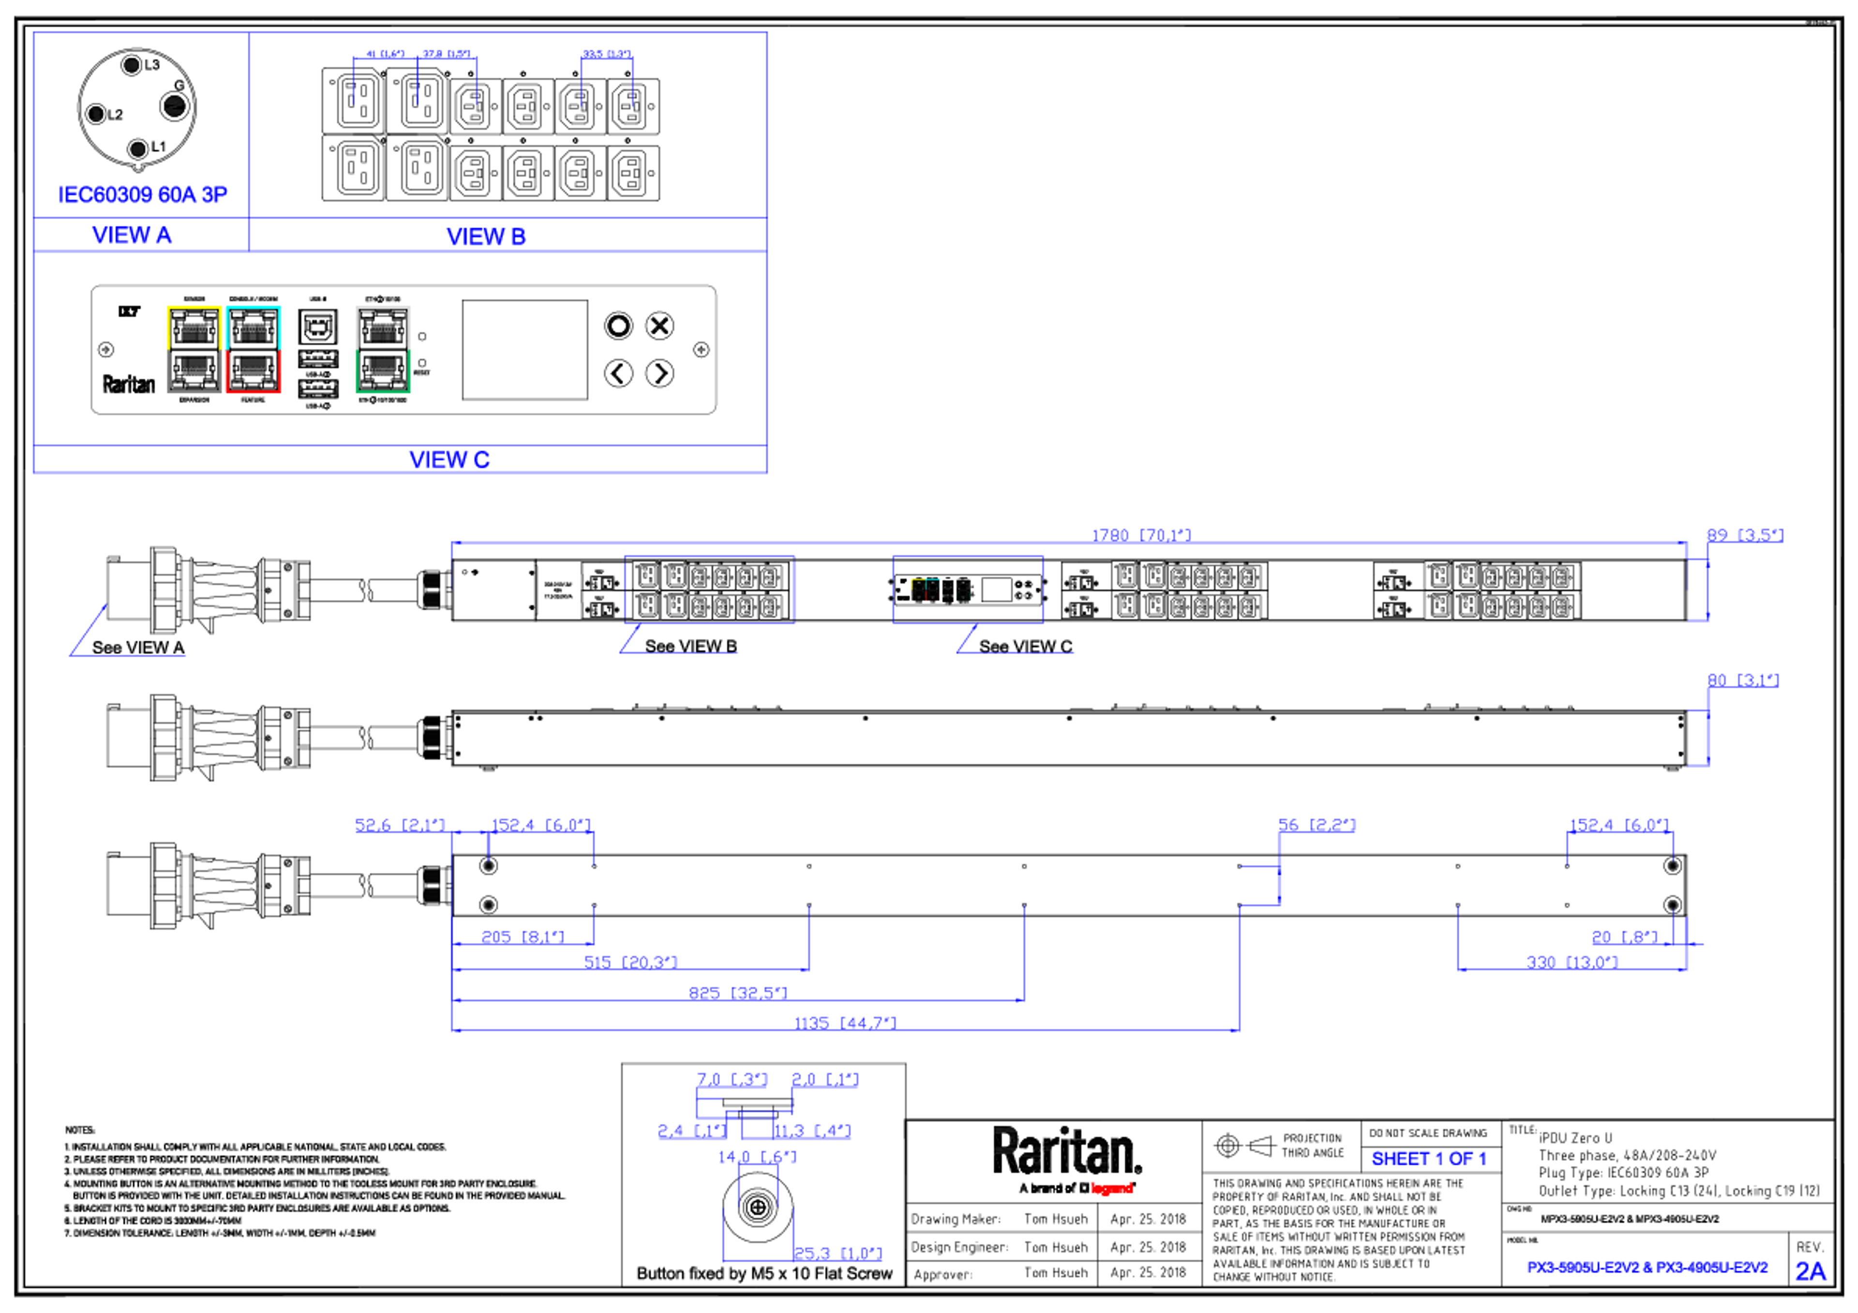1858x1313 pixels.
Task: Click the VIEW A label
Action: pos(132,236)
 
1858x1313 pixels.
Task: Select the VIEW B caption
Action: pos(486,237)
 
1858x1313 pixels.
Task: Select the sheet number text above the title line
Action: pos(1428,1159)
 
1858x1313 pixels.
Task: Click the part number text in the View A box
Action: pos(143,194)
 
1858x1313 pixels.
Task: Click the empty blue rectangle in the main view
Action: pos(710,589)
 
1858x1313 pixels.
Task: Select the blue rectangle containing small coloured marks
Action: pos(968,589)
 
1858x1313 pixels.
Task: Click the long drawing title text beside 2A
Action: pos(1646,1267)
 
